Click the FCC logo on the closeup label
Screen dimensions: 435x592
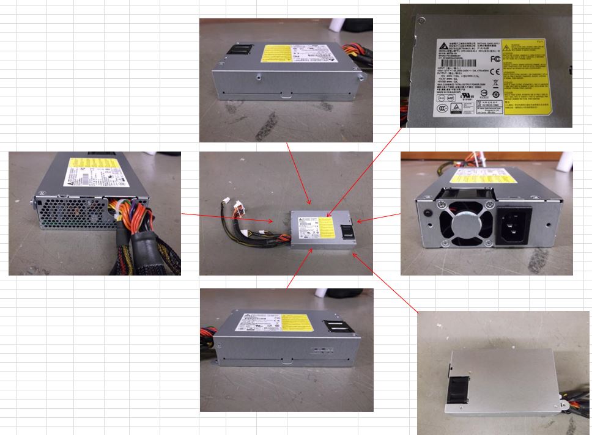point(495,59)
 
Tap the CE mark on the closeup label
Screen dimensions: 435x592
point(495,73)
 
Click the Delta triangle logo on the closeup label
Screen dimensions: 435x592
point(442,47)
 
